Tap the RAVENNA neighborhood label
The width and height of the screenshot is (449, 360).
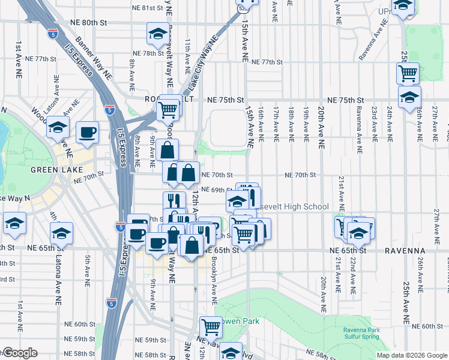[407, 250]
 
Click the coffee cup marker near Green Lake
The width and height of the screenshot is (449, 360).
[87, 131]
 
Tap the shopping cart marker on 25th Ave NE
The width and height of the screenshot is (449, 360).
[408, 73]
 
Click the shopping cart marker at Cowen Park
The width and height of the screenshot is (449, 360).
[211, 327]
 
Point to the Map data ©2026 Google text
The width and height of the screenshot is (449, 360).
[411, 355]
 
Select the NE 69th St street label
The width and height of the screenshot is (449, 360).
[216, 190]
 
